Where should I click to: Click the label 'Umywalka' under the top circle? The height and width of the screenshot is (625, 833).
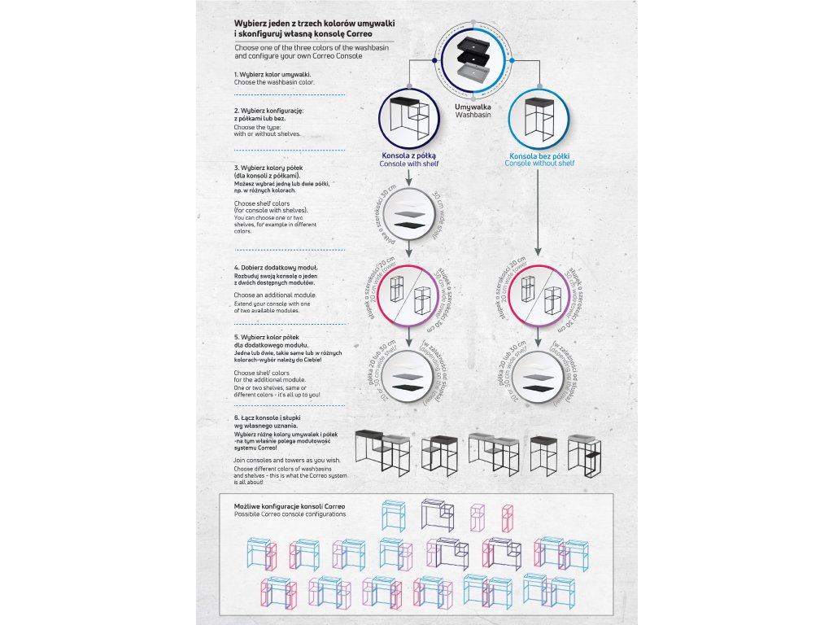[473, 107]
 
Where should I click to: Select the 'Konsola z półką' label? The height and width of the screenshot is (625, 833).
[409, 155]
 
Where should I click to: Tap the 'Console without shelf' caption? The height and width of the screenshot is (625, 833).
[539, 164]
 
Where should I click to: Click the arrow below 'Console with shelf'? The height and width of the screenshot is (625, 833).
[408, 174]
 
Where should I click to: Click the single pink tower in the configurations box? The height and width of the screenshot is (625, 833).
[508, 516]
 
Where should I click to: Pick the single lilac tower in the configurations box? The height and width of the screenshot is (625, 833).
[478, 516]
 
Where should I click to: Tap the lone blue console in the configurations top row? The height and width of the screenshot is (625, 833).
[394, 515]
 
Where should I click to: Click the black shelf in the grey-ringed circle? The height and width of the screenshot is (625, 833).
[408, 225]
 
